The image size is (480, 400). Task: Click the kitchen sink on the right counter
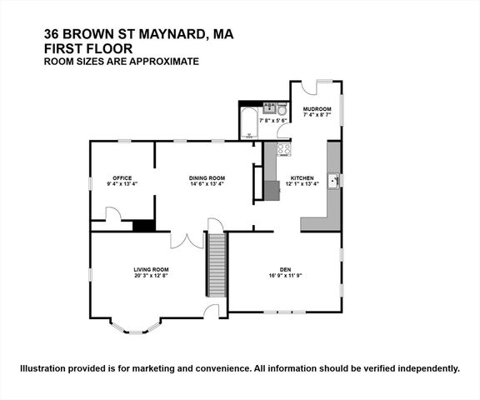(332, 180)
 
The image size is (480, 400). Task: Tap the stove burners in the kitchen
(283, 150)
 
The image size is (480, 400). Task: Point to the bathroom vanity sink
(270, 107)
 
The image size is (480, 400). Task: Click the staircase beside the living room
(217, 264)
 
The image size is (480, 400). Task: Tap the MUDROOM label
(317, 108)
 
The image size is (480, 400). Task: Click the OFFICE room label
(122, 177)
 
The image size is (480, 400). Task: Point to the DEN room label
(285, 269)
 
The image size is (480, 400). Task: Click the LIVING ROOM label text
(152, 269)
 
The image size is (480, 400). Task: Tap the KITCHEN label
(301, 178)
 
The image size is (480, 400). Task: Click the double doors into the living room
(187, 239)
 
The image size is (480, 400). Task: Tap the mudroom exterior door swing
(309, 87)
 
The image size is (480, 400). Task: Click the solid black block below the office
(143, 225)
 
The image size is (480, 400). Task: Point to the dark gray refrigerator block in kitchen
(272, 190)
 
